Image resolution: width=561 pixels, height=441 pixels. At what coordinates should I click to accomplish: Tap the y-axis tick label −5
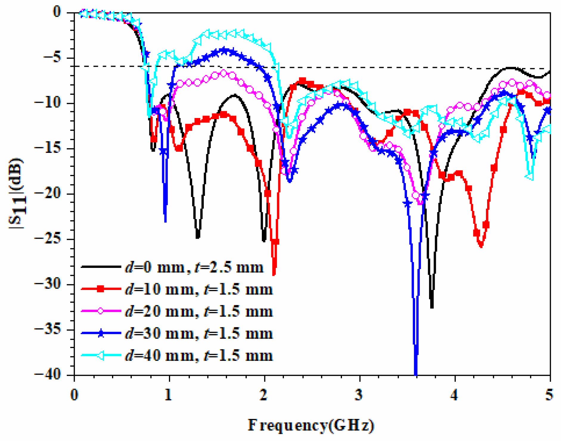click(52, 58)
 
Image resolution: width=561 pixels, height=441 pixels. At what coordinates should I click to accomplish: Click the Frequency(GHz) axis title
click(311, 425)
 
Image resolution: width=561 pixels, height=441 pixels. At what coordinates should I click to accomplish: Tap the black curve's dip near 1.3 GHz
click(198, 237)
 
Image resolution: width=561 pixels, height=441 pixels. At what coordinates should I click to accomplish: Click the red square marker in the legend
click(101, 289)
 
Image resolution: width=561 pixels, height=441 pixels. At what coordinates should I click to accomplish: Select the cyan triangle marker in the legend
click(101, 355)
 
